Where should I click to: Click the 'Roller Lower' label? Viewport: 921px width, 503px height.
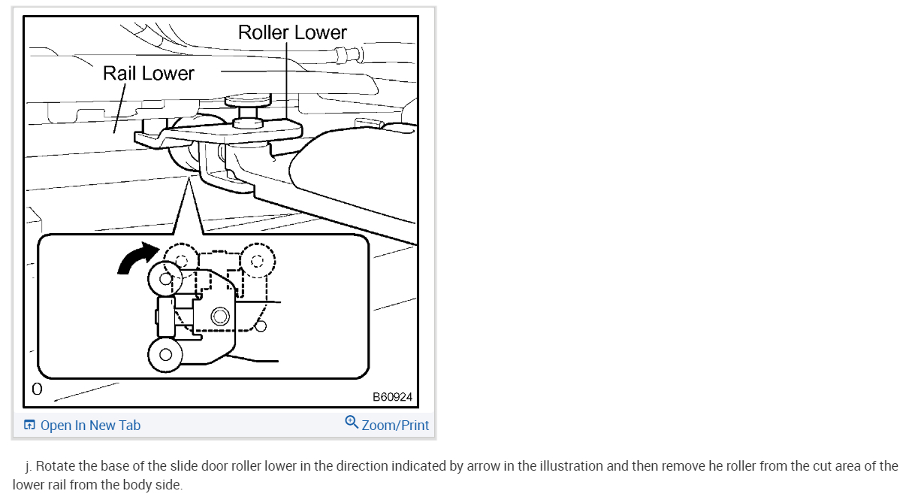292,32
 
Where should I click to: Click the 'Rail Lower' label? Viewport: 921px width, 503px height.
148,73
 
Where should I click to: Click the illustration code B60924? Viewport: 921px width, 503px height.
392,397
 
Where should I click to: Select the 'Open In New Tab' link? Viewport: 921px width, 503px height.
90,426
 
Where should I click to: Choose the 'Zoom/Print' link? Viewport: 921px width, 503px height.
395,426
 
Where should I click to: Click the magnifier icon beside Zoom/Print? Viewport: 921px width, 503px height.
351,422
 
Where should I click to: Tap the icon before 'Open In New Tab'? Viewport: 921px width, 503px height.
29,426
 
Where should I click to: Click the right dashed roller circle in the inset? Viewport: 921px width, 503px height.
258,261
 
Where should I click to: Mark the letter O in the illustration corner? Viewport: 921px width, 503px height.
36,389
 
